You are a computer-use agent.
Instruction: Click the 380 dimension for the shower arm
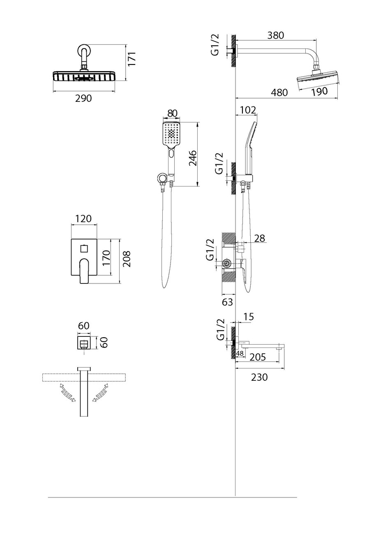tap(275, 35)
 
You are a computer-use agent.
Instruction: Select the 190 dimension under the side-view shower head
tap(319, 92)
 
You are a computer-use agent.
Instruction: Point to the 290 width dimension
tap(83, 98)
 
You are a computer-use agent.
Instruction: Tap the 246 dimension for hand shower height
tap(193, 158)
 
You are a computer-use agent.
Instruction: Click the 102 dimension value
tap(247, 110)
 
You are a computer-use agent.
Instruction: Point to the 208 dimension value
tap(127, 259)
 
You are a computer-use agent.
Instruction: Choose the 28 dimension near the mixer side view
tap(260, 238)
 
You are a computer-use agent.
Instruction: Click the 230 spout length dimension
tap(259, 377)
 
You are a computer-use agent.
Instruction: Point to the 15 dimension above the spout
tap(249, 317)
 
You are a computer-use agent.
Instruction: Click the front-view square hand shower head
tap(171, 134)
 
